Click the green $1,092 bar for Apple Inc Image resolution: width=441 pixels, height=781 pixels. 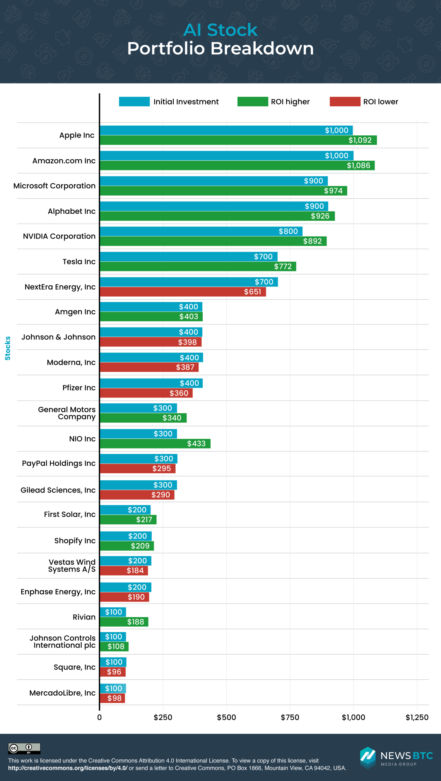pyautogui.click(x=238, y=140)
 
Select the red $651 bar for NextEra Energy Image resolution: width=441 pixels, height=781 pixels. pyautogui.click(x=183, y=292)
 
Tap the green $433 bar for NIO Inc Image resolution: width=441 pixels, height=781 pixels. pyautogui.click(x=155, y=443)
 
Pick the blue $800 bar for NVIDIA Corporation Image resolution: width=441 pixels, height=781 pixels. pyautogui.click(x=201, y=231)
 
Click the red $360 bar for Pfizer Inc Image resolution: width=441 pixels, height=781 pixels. pyautogui.click(x=146, y=393)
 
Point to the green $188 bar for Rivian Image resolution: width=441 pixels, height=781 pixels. pyautogui.click(x=124, y=622)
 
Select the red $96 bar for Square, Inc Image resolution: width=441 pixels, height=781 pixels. pyautogui.click(x=113, y=672)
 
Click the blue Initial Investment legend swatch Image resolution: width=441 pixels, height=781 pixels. pyautogui.click(x=134, y=102)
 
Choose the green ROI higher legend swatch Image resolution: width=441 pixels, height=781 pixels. pyautogui.click(x=253, y=102)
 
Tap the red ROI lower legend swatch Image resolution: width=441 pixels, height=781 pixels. pyautogui.click(x=345, y=102)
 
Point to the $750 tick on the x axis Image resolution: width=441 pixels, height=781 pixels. pyautogui.click(x=290, y=718)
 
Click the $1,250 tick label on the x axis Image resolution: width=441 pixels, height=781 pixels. pyautogui.click(x=417, y=718)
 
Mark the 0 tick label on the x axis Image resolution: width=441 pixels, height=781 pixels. pyautogui.click(x=99, y=718)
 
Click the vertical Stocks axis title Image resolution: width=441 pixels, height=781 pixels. pyautogui.click(x=8, y=348)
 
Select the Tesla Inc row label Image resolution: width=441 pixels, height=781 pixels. pyautogui.click(x=79, y=262)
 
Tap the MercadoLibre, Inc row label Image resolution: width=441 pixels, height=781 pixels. pyautogui.click(x=62, y=693)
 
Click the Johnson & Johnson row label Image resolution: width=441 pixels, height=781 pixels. pyautogui.click(x=58, y=337)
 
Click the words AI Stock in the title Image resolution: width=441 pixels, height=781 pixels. pyautogui.click(x=220, y=30)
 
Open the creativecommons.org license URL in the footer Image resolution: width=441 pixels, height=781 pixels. pyautogui.click(x=68, y=768)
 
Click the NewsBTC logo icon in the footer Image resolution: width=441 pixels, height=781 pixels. pyautogui.click(x=367, y=757)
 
